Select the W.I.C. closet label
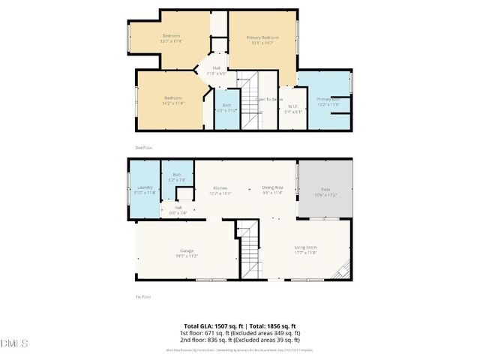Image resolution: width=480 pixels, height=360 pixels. pos(293,108)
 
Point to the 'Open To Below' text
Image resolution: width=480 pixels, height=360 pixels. pos(269,99)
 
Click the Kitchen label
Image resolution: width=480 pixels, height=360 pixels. pos(220,188)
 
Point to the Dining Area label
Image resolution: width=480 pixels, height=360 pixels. pos(272,188)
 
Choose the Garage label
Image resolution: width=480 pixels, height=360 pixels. pos(187,251)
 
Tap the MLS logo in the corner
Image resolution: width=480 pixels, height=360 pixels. pos(13,343)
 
